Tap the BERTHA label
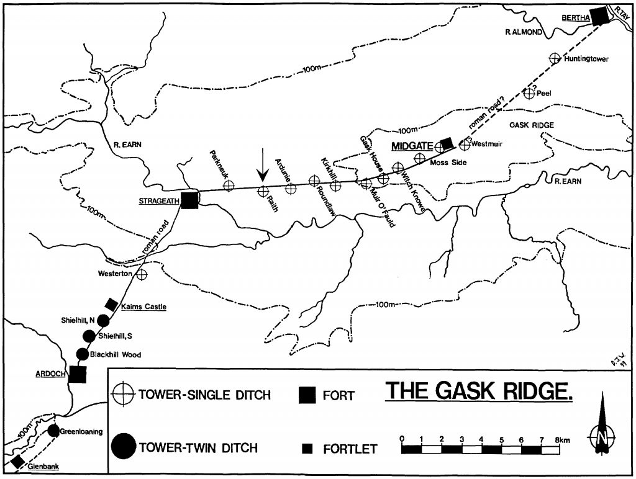(x=575, y=18)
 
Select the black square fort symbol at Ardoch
(x=78, y=375)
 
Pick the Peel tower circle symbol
(x=529, y=94)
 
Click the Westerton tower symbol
(x=142, y=274)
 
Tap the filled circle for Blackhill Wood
(x=82, y=354)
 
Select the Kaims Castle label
(x=144, y=307)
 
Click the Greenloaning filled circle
(x=53, y=431)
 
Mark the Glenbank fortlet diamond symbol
(x=18, y=462)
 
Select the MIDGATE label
(x=412, y=146)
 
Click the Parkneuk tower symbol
(x=229, y=184)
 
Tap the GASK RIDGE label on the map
(x=531, y=125)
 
